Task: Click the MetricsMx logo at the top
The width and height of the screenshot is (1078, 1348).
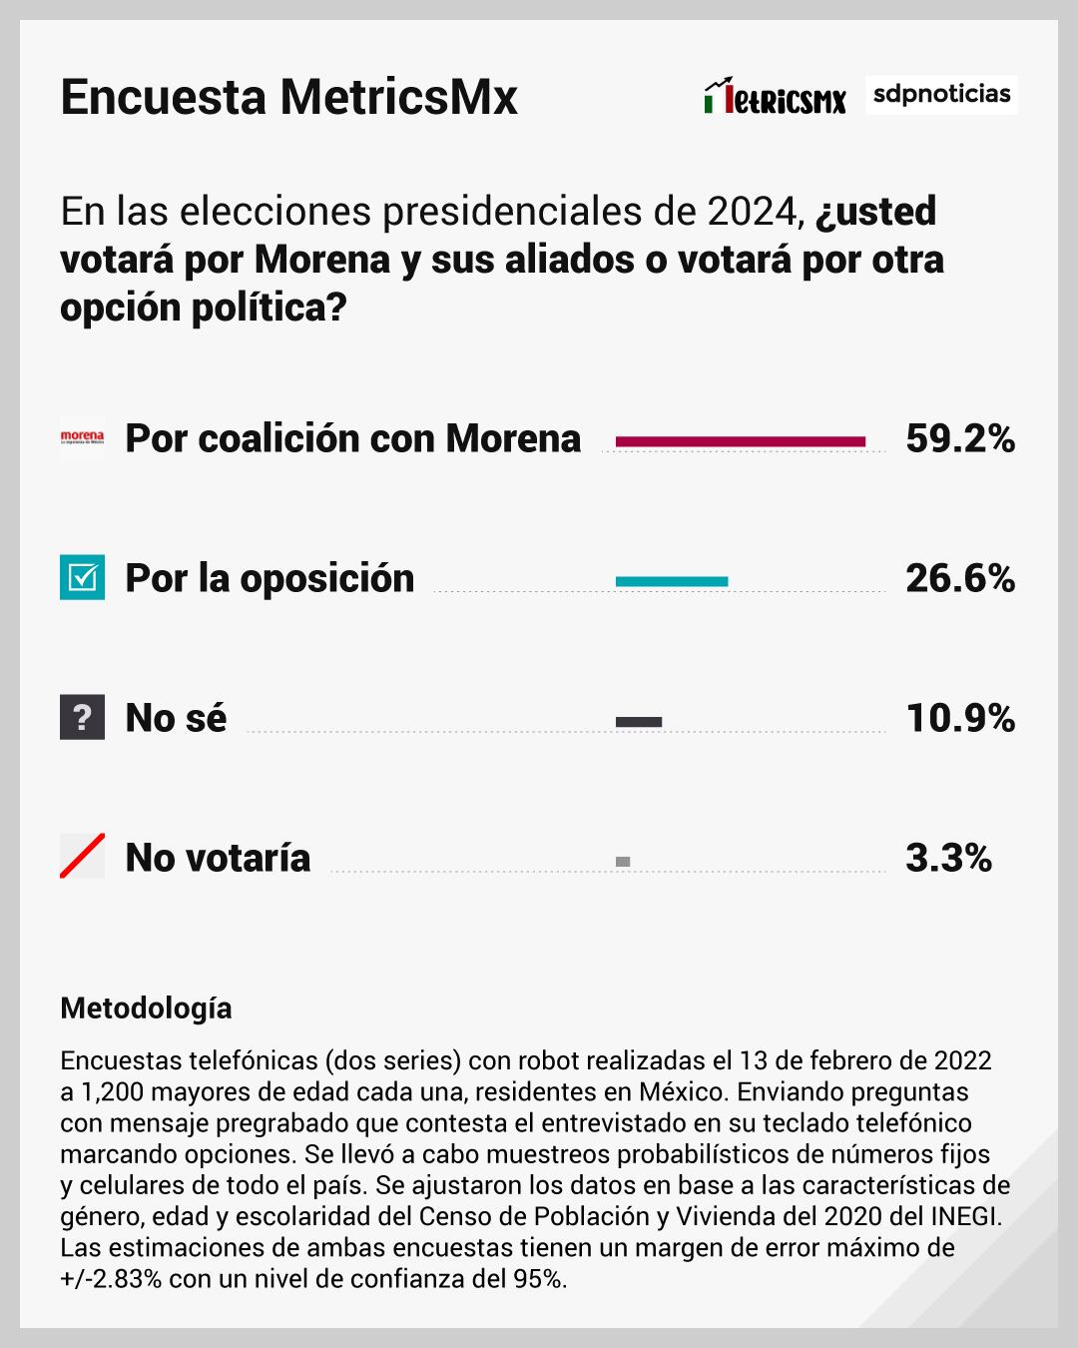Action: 775,97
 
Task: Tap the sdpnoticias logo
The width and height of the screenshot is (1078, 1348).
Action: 941,94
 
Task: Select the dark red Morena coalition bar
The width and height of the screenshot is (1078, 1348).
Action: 741,440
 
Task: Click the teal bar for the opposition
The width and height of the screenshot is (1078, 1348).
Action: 672,580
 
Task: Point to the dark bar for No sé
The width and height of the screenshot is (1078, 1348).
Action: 639,721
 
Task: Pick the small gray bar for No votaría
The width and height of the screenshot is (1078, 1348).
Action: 623,861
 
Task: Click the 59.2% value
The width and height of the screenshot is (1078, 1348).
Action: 960,438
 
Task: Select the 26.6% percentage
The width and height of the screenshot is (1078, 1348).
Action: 960,578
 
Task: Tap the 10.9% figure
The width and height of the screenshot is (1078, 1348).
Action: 960,718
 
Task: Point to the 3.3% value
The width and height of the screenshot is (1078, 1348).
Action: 948,858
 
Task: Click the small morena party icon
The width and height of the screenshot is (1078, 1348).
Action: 82,437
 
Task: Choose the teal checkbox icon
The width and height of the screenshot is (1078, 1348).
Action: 82,577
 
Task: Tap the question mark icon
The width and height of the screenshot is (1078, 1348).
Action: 82,717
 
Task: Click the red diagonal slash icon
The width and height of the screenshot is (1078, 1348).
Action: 82,857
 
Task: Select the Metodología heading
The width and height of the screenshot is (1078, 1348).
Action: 146,1008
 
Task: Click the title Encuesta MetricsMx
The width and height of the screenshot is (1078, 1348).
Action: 288,97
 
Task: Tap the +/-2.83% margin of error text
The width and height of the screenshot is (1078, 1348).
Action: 111,1279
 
